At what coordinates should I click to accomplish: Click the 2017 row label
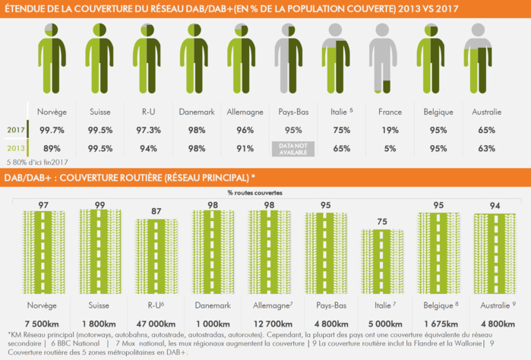[x=15, y=130]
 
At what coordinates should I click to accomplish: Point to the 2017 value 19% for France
[x=390, y=130]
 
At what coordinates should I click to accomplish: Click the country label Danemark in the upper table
[x=196, y=112]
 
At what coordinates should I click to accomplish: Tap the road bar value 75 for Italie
[x=382, y=222]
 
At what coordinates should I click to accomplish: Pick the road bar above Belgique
[x=438, y=247]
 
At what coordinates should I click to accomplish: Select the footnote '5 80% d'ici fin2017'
[x=36, y=162]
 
